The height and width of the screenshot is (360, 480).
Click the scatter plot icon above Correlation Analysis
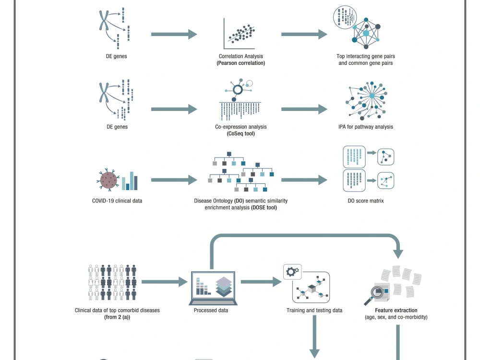240,34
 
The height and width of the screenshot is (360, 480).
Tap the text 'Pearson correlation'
240,63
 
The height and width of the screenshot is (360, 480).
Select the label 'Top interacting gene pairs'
366,56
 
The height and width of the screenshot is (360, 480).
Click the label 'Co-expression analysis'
240,127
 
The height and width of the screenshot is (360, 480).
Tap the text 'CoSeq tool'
240,133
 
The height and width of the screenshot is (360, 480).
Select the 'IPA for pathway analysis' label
366,127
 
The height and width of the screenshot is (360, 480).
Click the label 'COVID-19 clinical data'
117,201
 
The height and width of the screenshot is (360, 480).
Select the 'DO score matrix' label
366,201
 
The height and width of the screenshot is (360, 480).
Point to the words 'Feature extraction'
396,310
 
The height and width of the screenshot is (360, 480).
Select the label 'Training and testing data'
314,310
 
